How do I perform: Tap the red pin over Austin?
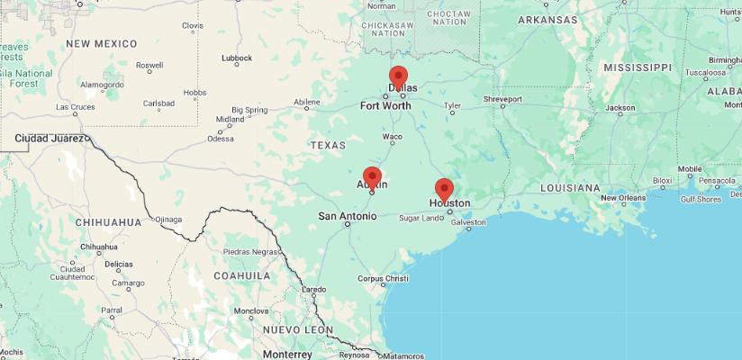(372, 176)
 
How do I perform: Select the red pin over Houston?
(444, 189)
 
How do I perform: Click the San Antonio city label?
(348, 216)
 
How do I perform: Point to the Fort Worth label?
(385, 105)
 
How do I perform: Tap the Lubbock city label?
(237, 58)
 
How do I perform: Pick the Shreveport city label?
(502, 98)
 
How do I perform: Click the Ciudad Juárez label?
(50, 139)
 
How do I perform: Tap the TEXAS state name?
(328, 145)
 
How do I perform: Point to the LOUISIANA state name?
(570, 188)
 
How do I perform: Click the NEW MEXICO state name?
(101, 43)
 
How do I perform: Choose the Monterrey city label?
(287, 355)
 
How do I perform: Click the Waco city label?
(393, 137)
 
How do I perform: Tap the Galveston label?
(468, 222)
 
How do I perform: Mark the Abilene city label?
(306, 102)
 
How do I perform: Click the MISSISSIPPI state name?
(638, 67)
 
